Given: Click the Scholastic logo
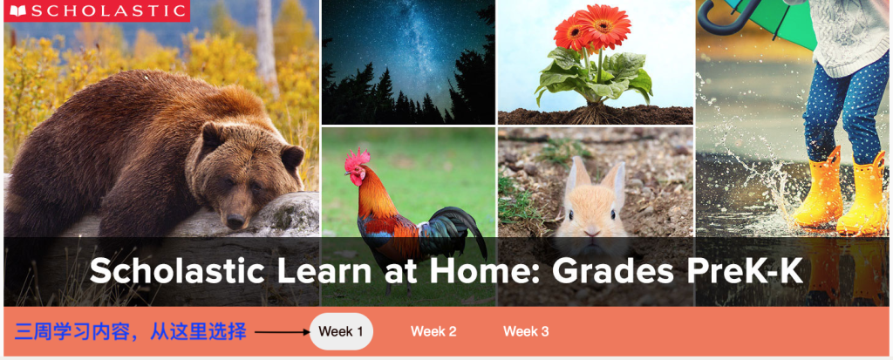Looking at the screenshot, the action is coord(97,10).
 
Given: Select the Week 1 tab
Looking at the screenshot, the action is coord(341,331).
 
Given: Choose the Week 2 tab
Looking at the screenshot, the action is coord(433,331).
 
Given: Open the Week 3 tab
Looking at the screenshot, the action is coord(526,331).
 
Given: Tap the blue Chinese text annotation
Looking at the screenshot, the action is coord(131,331).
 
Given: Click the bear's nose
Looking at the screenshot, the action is coord(235,221).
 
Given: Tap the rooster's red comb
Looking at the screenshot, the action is coord(357,159).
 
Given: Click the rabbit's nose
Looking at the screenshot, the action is coord(592,232).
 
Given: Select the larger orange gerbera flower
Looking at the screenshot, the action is coord(603,25).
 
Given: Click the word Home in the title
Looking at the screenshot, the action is coord(478,272).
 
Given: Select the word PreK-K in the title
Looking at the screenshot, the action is coord(746,272).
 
